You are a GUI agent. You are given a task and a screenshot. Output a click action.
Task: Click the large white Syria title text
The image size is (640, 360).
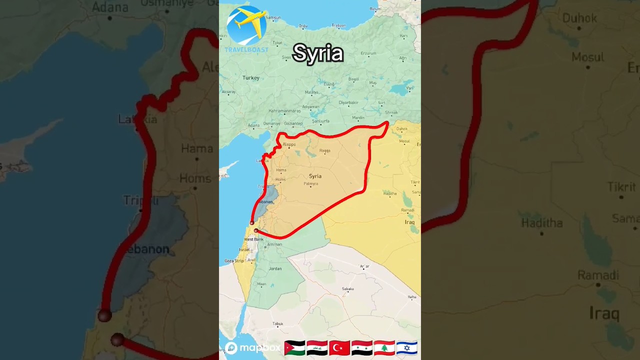coord(318,53)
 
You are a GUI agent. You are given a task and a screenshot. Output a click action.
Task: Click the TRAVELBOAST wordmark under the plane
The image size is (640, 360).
coord(246,49)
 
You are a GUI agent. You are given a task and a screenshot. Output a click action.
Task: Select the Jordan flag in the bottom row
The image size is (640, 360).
coord(294,348)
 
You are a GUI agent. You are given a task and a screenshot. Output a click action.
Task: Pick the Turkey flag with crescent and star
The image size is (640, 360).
coord(339,348)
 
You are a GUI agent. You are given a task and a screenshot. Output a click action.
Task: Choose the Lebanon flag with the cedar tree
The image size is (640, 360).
coord(384,348)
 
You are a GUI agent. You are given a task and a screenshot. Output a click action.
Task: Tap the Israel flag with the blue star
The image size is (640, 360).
coord(406,348)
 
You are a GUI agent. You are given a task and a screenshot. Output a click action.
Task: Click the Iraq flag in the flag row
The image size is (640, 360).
coord(317,348)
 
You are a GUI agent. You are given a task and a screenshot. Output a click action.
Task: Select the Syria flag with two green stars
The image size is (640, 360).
coord(361,348)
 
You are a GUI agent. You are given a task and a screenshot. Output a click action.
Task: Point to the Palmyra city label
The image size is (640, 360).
coord(310,184)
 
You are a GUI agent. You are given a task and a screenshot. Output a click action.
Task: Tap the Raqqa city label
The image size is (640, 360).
coord(324,150)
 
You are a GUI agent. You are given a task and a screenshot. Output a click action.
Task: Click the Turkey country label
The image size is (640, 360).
coord(251,78)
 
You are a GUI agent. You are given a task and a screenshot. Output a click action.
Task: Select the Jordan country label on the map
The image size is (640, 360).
coord(275,268)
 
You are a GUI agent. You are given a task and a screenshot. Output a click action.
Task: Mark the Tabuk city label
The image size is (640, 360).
coord(277,324)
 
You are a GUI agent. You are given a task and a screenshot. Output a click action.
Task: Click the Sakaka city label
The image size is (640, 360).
coord(347,288)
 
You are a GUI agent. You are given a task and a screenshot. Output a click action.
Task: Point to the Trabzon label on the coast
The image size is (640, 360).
coord(339,25)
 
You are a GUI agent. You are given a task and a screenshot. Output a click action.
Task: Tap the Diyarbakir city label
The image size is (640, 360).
coord(348,102)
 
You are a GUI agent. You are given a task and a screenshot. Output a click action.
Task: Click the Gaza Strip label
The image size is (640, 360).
coord(233,260)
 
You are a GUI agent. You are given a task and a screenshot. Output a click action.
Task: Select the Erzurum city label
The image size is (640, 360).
coord(368,53)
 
